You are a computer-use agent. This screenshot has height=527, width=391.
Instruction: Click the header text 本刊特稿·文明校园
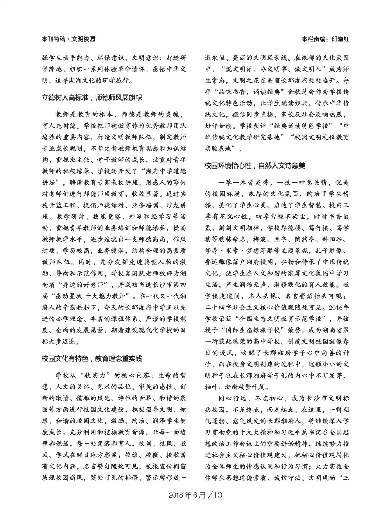point(68,39)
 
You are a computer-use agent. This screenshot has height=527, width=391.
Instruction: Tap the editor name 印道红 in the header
point(340,39)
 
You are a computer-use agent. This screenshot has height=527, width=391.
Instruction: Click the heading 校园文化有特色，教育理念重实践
point(92,358)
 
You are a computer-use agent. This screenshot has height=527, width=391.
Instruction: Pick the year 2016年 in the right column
point(337,306)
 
